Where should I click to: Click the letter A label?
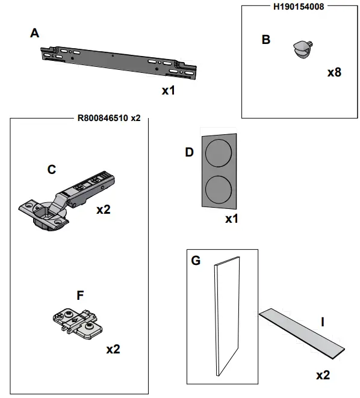[x=35, y=33]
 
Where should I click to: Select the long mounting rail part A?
[x=119, y=63]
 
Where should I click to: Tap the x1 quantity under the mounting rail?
[x=169, y=90]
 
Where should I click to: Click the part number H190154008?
[x=299, y=7]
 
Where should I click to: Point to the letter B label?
[x=266, y=40]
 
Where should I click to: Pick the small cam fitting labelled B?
[x=303, y=50]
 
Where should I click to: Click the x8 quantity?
[x=334, y=72]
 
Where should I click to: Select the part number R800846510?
[x=103, y=118]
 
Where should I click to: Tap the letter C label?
[x=52, y=170]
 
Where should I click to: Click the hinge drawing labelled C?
[x=66, y=201]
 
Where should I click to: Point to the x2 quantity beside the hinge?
[x=104, y=210]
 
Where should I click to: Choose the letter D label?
[x=189, y=152]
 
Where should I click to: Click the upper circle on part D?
[x=219, y=154]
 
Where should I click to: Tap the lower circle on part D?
[x=219, y=189]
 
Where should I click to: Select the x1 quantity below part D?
[x=232, y=219]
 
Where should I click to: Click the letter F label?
[x=80, y=296]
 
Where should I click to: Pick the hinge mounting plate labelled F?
[x=78, y=323]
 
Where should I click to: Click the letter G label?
[x=196, y=261]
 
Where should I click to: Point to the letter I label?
[x=323, y=322]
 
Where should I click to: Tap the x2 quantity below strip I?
[x=323, y=375]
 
